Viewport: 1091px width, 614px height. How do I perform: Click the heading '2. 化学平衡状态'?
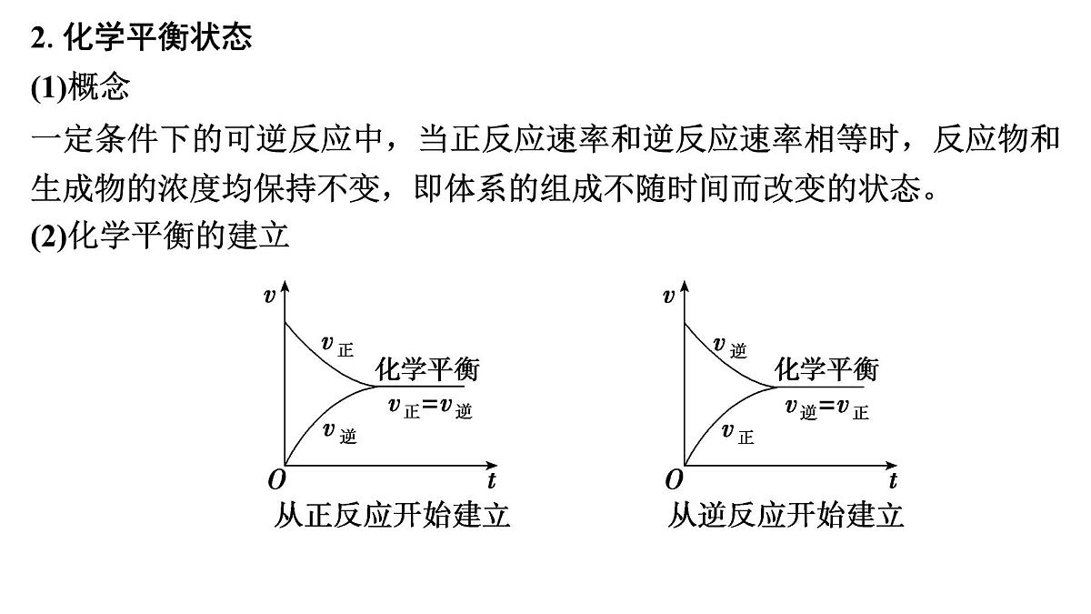(x=141, y=36)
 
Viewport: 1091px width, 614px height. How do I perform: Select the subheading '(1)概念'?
(x=80, y=87)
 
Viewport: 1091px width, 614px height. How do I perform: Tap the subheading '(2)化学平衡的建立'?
(x=160, y=236)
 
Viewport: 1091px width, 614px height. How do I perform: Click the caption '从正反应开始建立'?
(x=392, y=515)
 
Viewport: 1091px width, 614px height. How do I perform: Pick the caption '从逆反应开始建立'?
(x=786, y=515)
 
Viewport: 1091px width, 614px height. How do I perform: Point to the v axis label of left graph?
(x=269, y=296)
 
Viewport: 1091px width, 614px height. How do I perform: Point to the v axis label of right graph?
(x=669, y=296)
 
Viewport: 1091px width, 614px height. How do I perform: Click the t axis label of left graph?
(x=492, y=480)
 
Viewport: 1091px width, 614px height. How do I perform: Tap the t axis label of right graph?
(x=893, y=480)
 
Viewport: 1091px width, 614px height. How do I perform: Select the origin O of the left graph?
(x=276, y=480)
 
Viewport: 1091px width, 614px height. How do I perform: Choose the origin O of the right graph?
(x=675, y=480)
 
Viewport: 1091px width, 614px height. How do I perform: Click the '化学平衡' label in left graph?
(x=427, y=369)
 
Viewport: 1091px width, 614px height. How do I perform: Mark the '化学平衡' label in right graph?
(x=826, y=369)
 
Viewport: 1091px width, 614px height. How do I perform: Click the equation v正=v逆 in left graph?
(x=431, y=408)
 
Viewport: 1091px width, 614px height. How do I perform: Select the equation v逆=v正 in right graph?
(x=827, y=408)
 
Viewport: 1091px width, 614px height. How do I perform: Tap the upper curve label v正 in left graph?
(x=337, y=346)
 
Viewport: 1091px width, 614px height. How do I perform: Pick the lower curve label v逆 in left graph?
(x=340, y=433)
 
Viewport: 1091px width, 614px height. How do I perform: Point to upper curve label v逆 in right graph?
(x=729, y=347)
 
